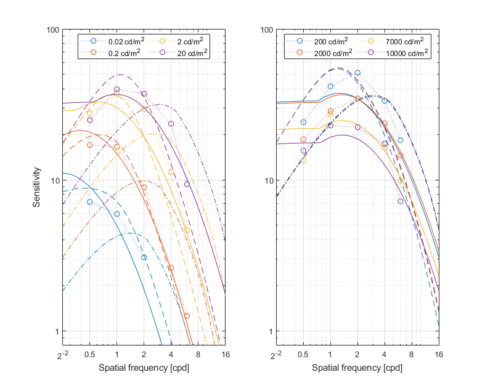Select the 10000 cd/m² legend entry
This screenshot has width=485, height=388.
pyautogui.click(x=399, y=53)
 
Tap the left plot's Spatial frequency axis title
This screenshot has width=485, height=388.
pyautogui.click(x=144, y=368)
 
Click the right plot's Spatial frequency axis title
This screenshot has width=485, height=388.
pyautogui.click(x=357, y=368)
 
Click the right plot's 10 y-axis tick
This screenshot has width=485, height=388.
pyautogui.click(x=267, y=181)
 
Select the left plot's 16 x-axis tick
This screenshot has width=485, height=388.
pyautogui.click(x=226, y=355)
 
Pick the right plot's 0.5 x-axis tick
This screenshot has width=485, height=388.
pyautogui.click(x=303, y=355)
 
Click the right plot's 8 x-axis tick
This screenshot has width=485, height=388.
pyautogui.click(x=412, y=355)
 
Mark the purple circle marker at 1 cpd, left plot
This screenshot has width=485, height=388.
pyautogui.click(x=117, y=89)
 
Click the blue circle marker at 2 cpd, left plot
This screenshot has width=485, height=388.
pyautogui.click(x=144, y=257)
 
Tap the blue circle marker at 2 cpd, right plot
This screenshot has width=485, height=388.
pyautogui.click(x=357, y=73)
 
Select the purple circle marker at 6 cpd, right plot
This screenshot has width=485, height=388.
pyautogui.click(x=401, y=201)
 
